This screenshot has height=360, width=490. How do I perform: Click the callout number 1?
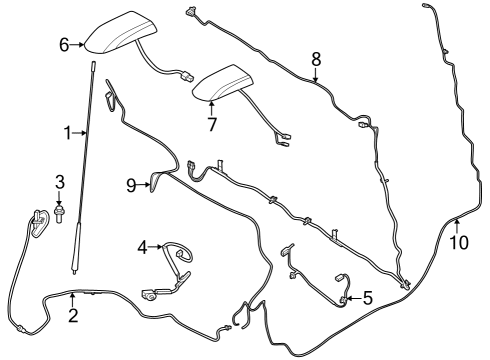pos(68,132)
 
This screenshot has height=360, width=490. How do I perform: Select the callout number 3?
pos(59,181)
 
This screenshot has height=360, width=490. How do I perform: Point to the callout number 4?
pos(142,244)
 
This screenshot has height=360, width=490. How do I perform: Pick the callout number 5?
pos(367,297)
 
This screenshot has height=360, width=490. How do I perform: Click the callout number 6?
pos(64,45)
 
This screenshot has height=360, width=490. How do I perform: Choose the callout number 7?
pos(211,125)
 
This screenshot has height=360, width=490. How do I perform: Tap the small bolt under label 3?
pos(60,214)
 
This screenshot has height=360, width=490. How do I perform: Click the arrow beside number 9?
pos(143,183)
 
